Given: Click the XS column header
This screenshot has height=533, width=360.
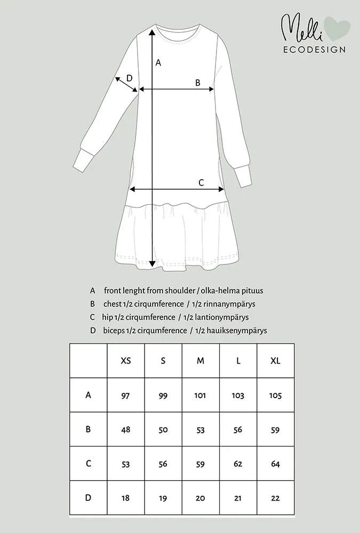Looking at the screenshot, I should [126, 361].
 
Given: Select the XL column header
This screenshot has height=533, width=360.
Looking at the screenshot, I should [275, 361].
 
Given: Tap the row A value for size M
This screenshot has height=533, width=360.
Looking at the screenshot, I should [201, 395].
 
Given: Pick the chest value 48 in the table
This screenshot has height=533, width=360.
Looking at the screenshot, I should [126, 430].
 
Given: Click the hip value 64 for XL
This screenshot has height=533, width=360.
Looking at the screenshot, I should [275, 464].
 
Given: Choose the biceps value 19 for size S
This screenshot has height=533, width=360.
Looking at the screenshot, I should [163, 498].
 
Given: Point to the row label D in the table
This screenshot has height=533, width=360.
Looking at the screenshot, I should [89, 498].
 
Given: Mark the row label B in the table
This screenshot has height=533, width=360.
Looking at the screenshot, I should [89, 429].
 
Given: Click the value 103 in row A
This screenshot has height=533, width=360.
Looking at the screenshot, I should [238, 395].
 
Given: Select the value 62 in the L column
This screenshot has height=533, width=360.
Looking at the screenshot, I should [238, 464].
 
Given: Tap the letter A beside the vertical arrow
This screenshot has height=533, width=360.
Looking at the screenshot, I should [158, 63].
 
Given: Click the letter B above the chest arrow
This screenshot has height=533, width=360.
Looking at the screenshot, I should [197, 83].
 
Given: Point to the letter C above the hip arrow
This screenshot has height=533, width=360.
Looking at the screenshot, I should [201, 182].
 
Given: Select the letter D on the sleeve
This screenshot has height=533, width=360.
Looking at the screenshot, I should [129, 78].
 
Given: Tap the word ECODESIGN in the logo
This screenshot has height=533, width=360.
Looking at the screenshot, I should [314, 50].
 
